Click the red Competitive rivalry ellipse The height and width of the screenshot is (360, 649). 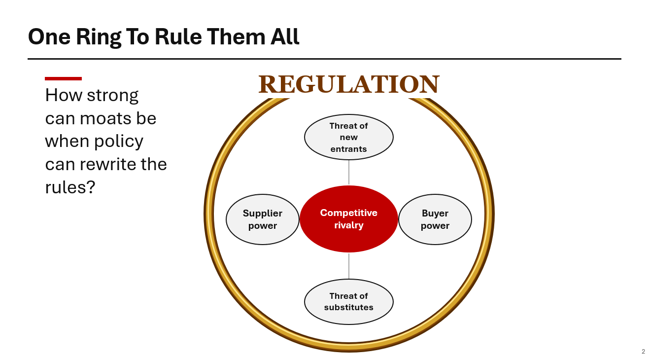(348, 219)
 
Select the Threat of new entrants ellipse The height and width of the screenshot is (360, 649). (348, 137)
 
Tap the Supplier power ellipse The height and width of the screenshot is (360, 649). (263, 219)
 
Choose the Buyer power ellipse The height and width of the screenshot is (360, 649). (435, 219)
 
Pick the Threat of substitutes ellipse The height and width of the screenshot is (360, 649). (348, 302)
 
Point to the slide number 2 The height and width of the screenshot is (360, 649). (643, 352)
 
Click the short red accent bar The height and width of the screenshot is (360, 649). (63, 78)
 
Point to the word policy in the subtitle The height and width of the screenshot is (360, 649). (118, 142)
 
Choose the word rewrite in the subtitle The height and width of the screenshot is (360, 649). (108, 164)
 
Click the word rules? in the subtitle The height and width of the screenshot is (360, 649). (70, 187)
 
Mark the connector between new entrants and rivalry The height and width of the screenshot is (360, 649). (348, 173)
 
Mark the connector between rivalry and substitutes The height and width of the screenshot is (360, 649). (348, 266)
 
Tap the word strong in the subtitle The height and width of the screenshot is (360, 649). (112, 96)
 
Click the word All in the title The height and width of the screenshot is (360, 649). (284, 37)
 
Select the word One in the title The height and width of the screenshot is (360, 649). (49, 37)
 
